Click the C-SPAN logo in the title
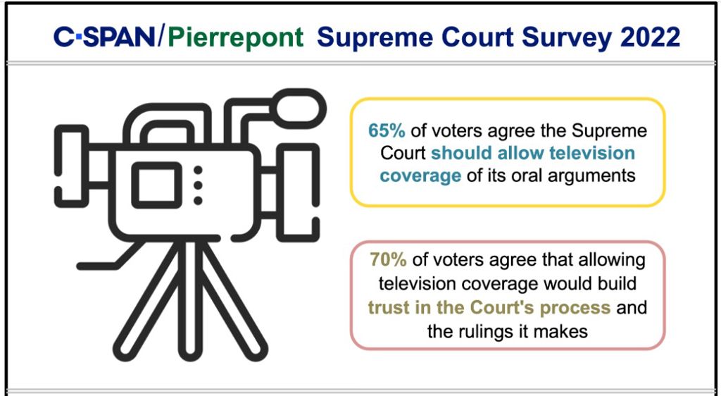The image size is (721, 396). (105, 37)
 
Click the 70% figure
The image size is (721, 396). (388, 261)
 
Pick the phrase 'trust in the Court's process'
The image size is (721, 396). (489, 309)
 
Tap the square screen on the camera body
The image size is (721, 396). (156, 185)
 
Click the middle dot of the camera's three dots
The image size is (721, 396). (198, 185)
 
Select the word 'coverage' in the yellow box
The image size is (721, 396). (420, 175)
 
